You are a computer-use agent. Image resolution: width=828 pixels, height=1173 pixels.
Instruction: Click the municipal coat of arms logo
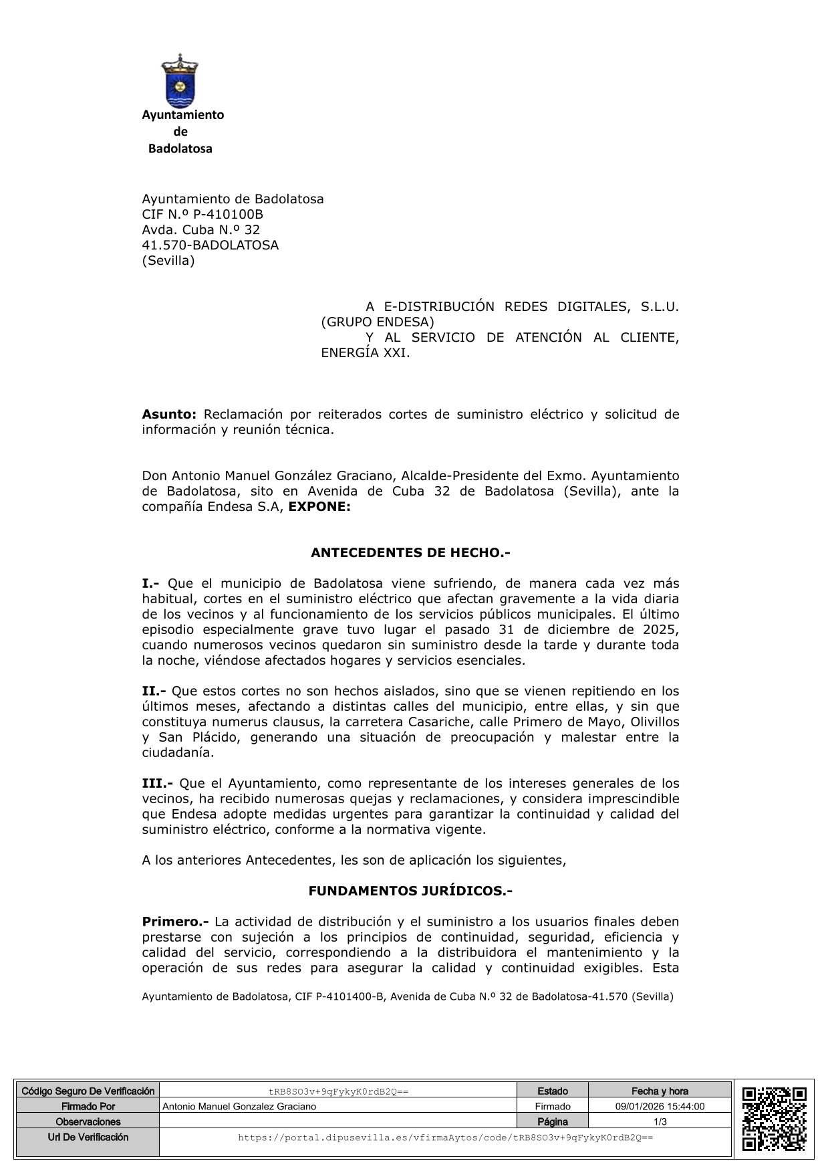(180, 82)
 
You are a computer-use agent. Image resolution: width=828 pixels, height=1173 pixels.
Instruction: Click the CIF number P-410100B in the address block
(227, 214)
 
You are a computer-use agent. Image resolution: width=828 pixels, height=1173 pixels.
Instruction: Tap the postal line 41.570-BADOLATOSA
(210, 245)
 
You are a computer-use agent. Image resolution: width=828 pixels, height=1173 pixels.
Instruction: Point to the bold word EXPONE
(319, 507)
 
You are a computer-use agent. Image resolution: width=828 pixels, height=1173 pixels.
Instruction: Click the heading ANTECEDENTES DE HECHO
(410, 553)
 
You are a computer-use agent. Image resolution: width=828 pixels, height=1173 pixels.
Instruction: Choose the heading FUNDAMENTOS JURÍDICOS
(410, 891)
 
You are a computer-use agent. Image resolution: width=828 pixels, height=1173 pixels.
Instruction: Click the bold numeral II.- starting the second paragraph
(154, 691)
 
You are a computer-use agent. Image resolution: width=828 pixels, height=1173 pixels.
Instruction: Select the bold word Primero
(175, 922)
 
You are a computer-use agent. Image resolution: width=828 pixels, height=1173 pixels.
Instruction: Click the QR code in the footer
(774, 1118)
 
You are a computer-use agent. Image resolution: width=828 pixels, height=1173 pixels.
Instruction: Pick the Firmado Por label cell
(88, 1106)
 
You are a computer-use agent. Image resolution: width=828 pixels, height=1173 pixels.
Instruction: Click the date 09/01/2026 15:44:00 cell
(660, 1106)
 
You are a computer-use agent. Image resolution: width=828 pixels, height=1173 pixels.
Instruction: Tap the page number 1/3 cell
(660, 1122)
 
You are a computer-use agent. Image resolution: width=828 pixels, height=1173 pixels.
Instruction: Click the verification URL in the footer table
(445, 1137)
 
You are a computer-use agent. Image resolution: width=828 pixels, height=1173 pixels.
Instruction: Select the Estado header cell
(553, 1091)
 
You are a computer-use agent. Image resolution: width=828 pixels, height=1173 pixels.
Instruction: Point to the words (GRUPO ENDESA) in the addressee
(378, 322)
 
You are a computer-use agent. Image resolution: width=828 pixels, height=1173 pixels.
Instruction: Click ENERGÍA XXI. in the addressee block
(365, 353)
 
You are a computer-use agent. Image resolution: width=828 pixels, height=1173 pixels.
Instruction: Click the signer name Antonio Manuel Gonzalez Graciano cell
(239, 1106)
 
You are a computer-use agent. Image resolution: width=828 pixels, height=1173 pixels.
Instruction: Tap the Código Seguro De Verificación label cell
(88, 1091)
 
